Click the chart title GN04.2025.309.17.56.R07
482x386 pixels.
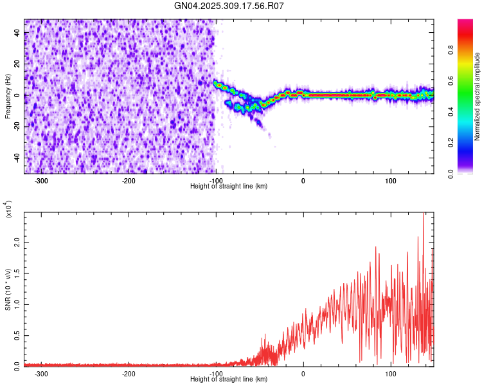[x=229, y=6]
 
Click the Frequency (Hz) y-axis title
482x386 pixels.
[x=8, y=96]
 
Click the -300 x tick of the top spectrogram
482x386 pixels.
[x=42, y=181]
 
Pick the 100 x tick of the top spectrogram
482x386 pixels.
[x=390, y=181]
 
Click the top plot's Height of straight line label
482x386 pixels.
[x=229, y=186]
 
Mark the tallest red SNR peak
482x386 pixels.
[x=423, y=214]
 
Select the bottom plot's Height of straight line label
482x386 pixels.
[x=229, y=379]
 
